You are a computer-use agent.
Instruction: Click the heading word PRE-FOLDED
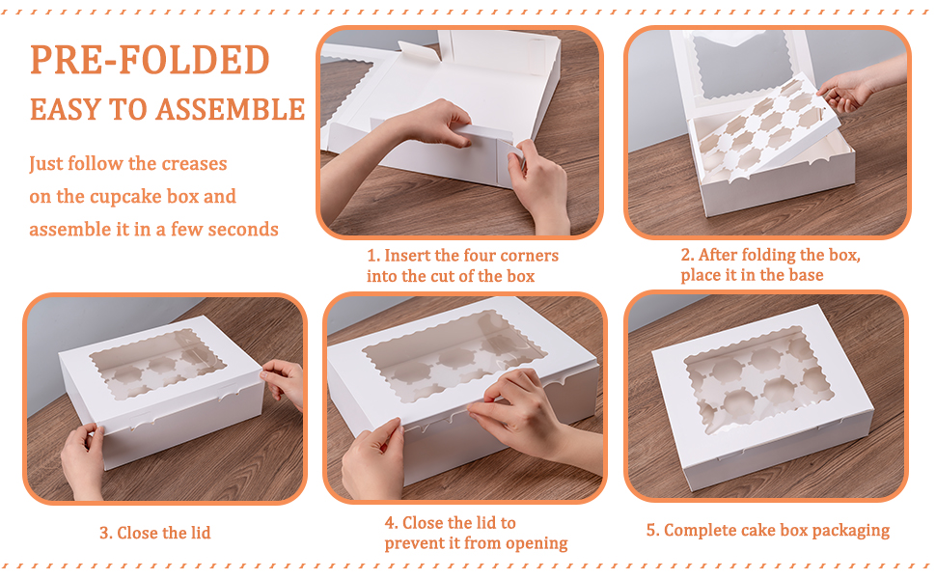(x=150, y=60)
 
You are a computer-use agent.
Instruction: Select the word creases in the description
(x=195, y=163)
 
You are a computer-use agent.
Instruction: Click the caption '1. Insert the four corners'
(x=462, y=256)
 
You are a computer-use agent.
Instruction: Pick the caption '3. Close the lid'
(x=155, y=533)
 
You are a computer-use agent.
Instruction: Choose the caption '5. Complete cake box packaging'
(x=768, y=530)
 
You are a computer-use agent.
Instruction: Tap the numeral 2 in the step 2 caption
(x=686, y=255)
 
